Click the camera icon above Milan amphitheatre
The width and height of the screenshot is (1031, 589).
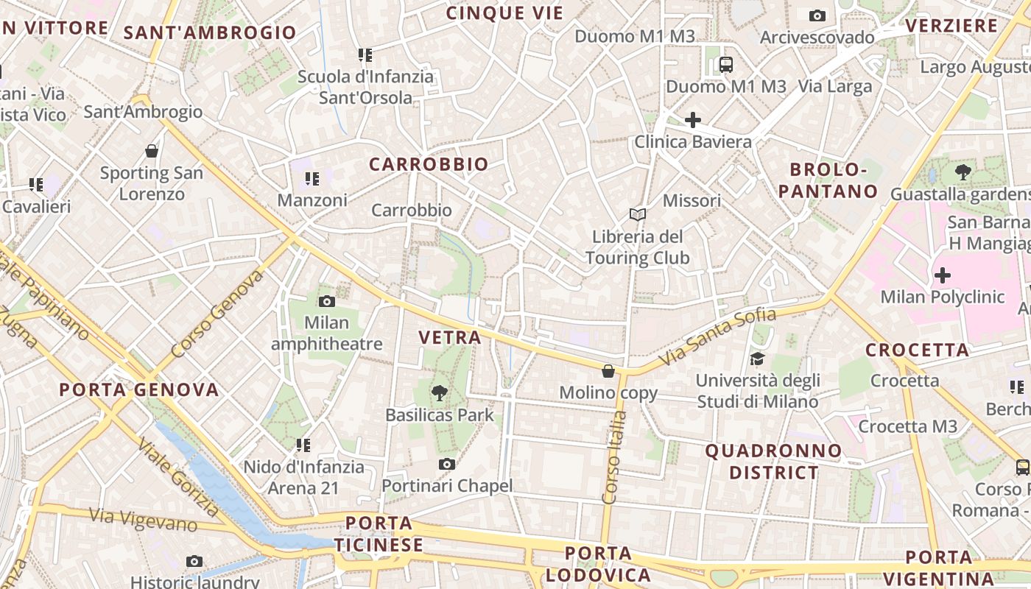tap(327, 301)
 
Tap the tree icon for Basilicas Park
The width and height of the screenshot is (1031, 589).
tap(440, 393)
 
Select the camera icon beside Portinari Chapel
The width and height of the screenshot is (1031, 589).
tap(446, 464)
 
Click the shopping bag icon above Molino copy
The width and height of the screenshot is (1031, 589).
tap(608, 371)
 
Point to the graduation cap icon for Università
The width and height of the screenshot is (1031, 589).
tap(757, 359)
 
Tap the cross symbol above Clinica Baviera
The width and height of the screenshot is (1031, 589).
tap(692, 119)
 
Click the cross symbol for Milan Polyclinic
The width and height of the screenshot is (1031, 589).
tap(942, 275)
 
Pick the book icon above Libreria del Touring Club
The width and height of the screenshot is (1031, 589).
tap(638, 214)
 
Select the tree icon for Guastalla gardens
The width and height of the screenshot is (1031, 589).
tap(962, 173)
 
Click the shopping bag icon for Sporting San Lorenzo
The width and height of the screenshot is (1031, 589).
tap(152, 151)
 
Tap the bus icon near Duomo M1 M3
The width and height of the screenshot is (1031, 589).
tap(726, 65)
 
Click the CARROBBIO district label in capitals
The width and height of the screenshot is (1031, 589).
tap(429, 164)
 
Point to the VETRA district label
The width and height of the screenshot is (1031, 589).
tap(449, 337)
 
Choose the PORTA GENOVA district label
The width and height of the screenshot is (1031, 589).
tap(139, 389)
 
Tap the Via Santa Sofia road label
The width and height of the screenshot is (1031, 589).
tap(717, 336)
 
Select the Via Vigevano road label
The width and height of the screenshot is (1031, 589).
tap(144, 519)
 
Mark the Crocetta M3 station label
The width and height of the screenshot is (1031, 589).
tap(907, 426)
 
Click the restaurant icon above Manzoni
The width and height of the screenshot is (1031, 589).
tap(312, 178)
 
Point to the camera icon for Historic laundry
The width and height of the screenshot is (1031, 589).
tap(194, 562)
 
